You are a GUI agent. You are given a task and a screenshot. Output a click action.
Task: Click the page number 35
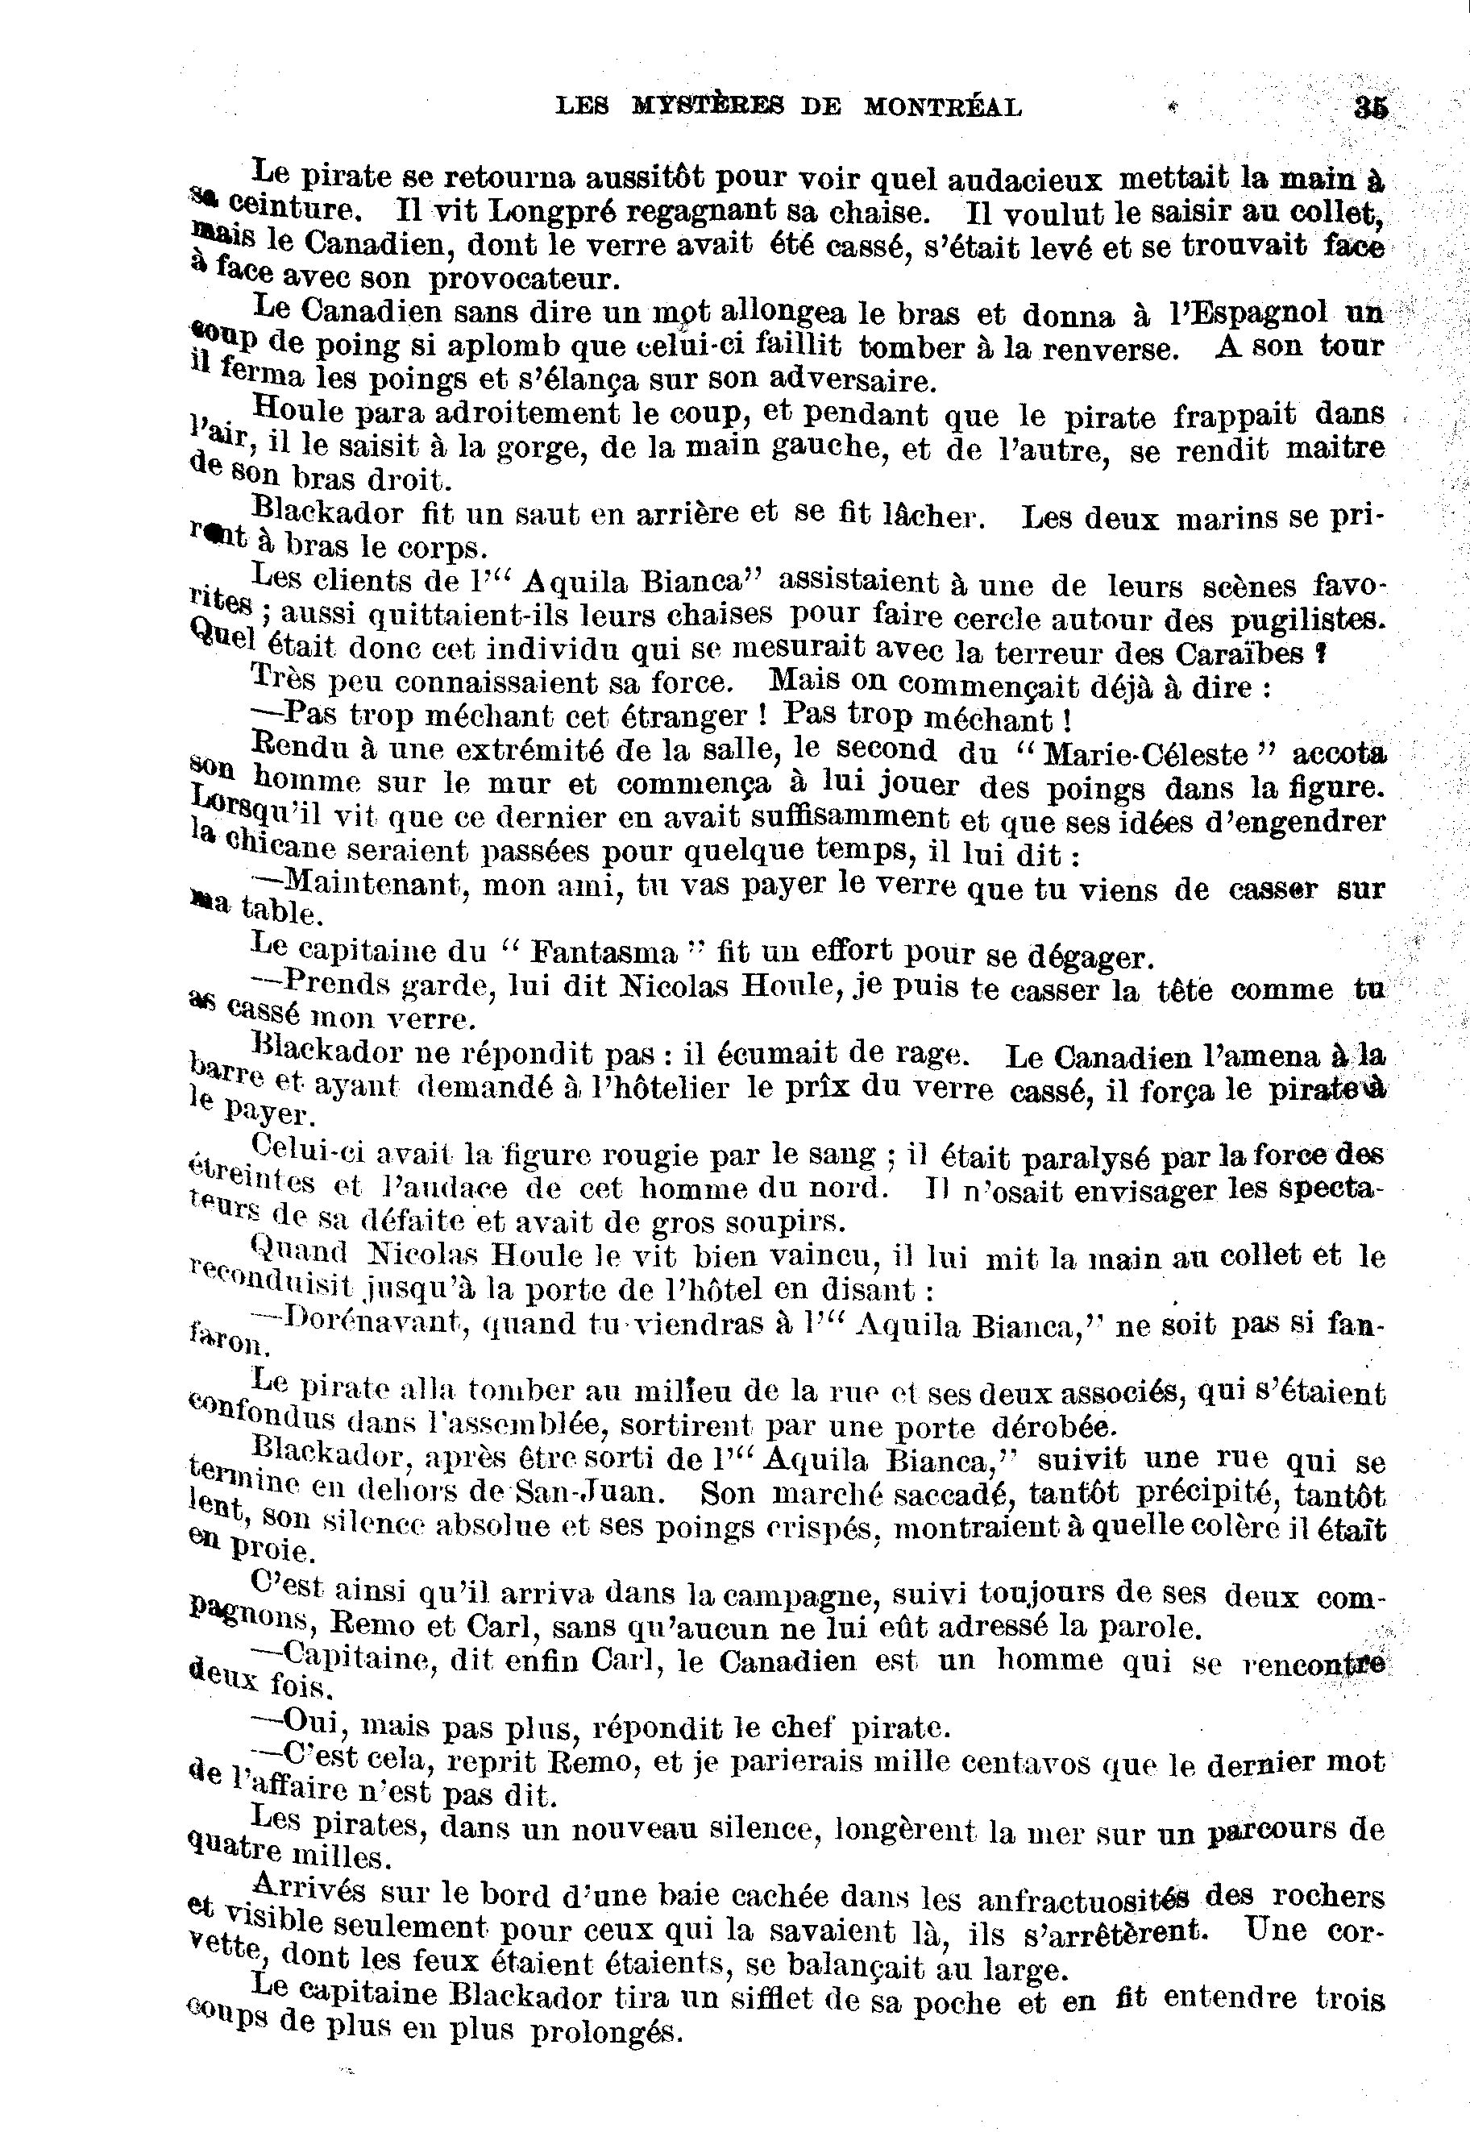pyautogui.click(x=1371, y=108)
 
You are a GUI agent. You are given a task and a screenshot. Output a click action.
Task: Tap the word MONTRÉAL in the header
pyautogui.click(x=942, y=108)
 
